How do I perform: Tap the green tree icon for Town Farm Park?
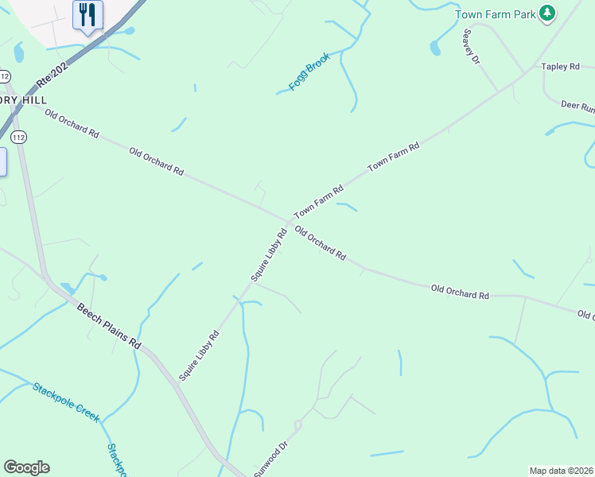point(546,13)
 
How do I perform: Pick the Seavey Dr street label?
point(472,47)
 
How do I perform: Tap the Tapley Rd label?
point(560,67)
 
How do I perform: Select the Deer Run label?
point(577,105)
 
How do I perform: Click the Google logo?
point(26,467)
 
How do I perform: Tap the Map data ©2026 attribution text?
point(562,471)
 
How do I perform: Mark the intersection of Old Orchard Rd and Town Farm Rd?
point(289,221)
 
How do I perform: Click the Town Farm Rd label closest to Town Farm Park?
point(393,157)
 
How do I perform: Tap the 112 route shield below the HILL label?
point(20,137)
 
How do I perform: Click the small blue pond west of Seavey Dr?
point(435,48)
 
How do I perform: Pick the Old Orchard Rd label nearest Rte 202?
point(72,124)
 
